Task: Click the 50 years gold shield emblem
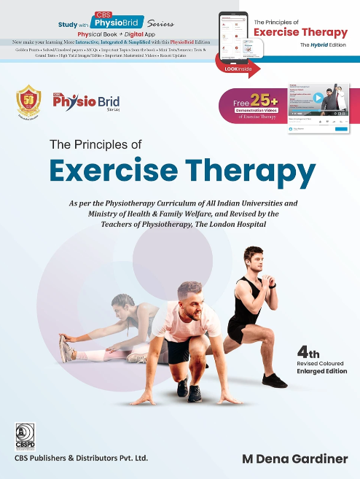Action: (29, 103)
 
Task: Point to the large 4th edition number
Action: (306, 350)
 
